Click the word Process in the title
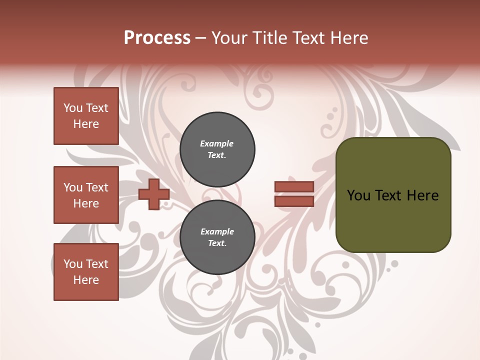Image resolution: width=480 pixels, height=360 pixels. [157, 38]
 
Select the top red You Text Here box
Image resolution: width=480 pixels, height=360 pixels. [86, 116]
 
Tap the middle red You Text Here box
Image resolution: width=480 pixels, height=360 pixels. [86, 195]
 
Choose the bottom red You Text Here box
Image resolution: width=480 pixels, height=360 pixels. [86, 272]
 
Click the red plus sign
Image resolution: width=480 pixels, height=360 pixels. [154, 194]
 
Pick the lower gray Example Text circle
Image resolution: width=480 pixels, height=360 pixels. [217, 237]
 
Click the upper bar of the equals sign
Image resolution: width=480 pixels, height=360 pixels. [294, 186]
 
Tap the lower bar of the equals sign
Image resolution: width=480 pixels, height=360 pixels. [294, 201]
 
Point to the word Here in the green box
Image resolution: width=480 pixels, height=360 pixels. [422, 195]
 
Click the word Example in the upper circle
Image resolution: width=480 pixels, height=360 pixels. [216, 143]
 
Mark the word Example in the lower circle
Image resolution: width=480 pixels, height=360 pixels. [217, 231]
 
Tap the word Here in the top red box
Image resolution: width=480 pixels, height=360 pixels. [86, 124]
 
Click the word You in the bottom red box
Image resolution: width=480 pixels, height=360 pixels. [73, 264]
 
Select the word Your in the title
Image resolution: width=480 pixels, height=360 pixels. [230, 38]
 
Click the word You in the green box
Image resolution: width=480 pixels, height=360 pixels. [358, 195]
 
